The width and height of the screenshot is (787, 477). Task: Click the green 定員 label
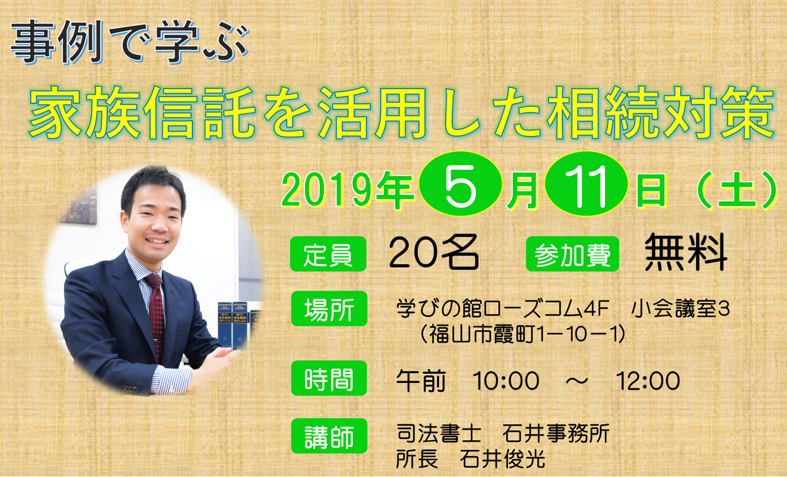[x=328, y=254]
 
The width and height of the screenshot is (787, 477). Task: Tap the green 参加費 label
[x=572, y=254]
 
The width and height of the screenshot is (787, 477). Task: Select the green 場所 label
[x=329, y=309]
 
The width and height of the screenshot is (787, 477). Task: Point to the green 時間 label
[x=329, y=378]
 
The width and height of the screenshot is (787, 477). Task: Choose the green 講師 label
[x=329, y=436]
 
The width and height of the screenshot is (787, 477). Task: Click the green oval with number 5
[x=461, y=183]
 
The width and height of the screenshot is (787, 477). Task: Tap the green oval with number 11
[x=586, y=183]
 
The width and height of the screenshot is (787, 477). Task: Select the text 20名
[x=434, y=252]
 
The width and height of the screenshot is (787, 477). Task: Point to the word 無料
[x=686, y=252]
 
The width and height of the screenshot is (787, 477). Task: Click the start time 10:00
[x=506, y=380]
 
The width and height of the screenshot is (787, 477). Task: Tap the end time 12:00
[x=648, y=380]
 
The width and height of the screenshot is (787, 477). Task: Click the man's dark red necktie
[x=156, y=316]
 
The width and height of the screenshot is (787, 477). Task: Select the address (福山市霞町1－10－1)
[x=523, y=334]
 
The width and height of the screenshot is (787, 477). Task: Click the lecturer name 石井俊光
[x=502, y=459]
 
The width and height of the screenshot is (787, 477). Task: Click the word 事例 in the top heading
[x=57, y=41]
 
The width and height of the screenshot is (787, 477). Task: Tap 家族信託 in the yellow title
[x=142, y=112]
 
